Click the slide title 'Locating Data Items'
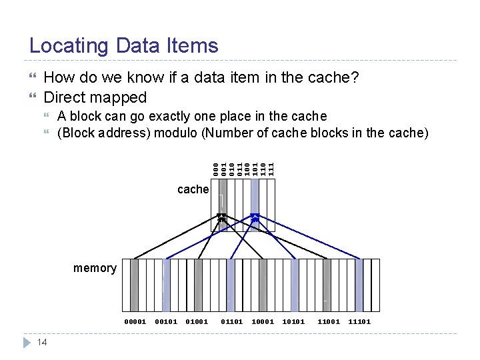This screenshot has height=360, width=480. (124, 46)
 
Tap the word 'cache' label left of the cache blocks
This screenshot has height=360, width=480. (193, 189)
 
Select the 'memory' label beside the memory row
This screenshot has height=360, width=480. (95, 268)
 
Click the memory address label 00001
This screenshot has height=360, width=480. (135, 322)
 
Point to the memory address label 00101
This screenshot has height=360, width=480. (166, 322)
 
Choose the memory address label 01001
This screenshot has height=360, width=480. (197, 322)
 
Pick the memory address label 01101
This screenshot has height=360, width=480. (231, 322)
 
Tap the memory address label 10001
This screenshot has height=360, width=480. (263, 322)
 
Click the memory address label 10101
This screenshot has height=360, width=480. (294, 322)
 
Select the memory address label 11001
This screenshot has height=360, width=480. (328, 322)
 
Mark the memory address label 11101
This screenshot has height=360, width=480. (359, 322)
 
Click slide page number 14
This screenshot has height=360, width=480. (41, 342)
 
